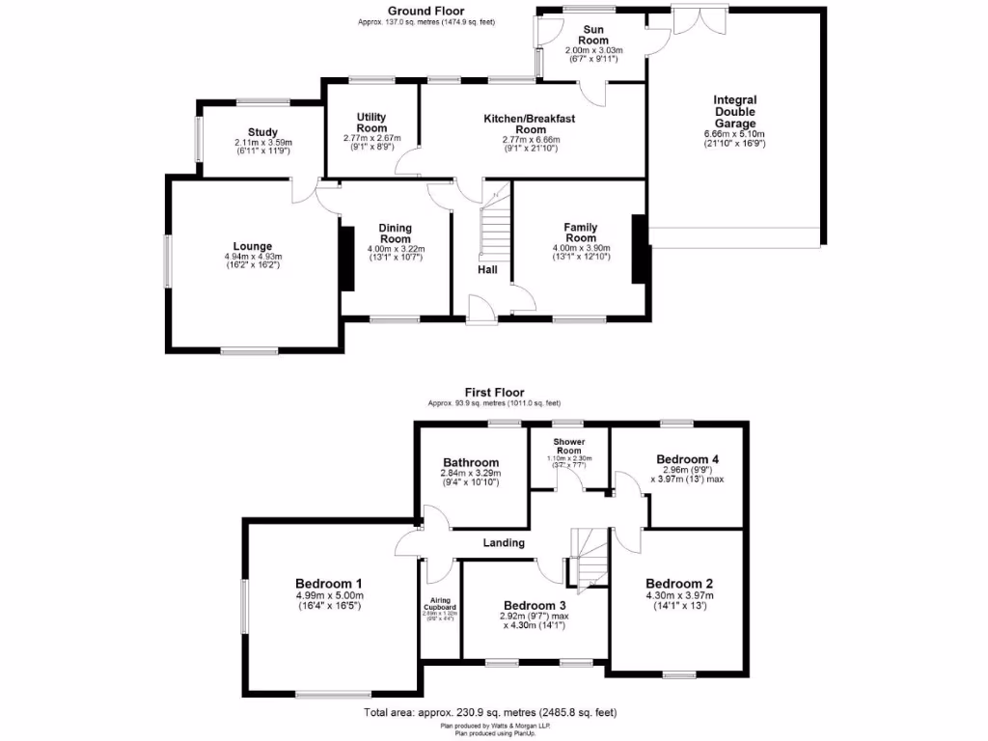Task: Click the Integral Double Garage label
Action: click(734, 112)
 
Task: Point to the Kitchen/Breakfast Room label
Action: click(530, 124)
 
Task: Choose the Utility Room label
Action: click(371, 123)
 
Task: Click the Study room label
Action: click(262, 132)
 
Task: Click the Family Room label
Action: click(580, 233)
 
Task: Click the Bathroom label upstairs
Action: click(471, 462)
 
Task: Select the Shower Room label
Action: click(569, 446)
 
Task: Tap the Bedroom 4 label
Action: click(687, 459)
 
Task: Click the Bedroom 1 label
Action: click(329, 584)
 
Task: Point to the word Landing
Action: click(504, 543)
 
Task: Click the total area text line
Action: click(490, 713)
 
